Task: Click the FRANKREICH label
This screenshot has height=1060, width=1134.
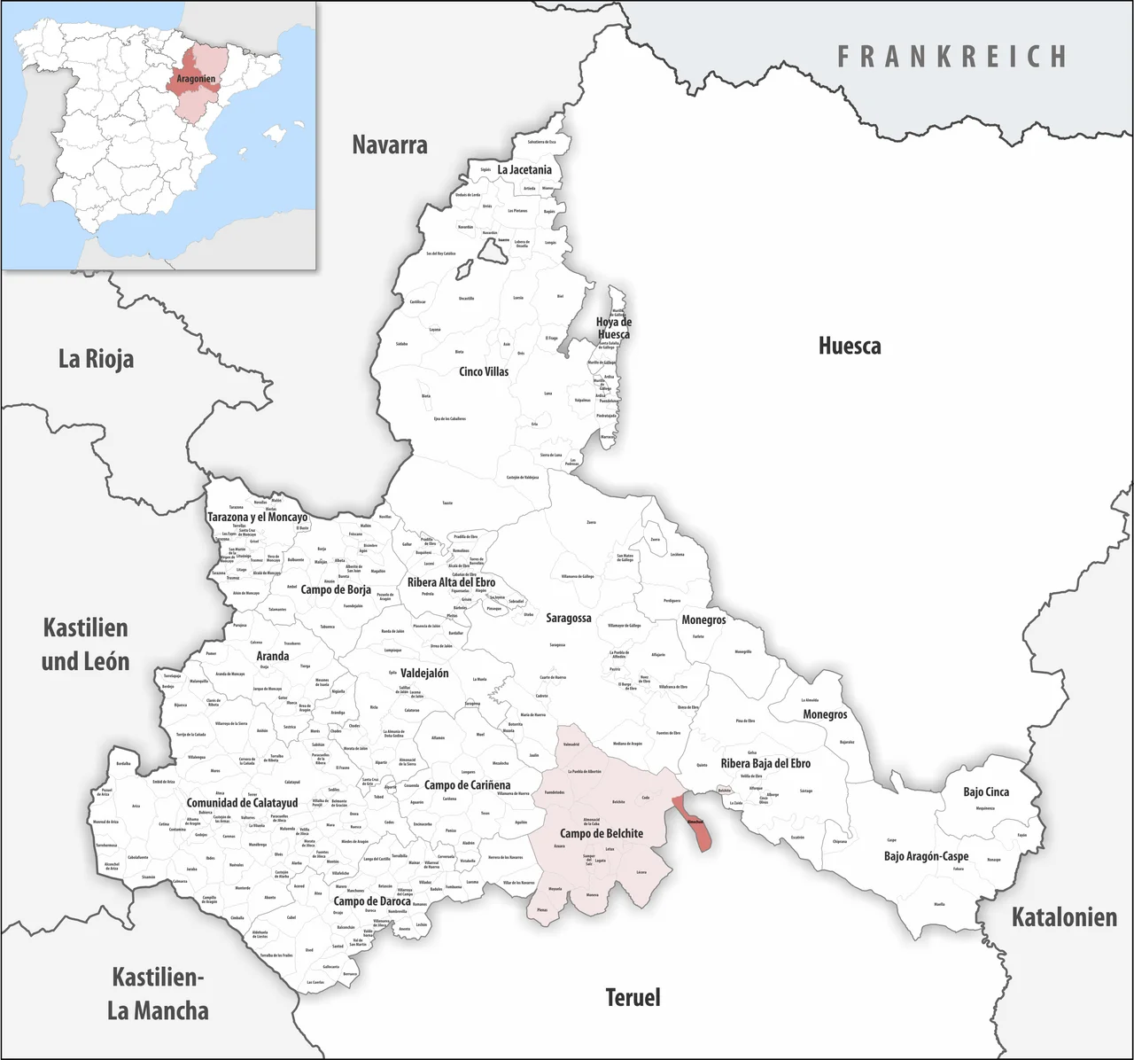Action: tap(952, 57)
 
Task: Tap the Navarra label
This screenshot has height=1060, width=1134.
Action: tap(390, 144)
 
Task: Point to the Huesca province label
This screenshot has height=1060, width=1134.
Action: tap(849, 345)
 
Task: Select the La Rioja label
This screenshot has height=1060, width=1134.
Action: tap(96, 359)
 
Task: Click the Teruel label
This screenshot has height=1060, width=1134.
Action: tap(633, 997)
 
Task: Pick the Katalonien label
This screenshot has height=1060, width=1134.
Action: tap(1064, 916)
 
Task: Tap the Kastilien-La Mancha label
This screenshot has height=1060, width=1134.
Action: tap(159, 994)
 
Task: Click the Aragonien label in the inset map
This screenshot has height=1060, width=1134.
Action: tap(196, 79)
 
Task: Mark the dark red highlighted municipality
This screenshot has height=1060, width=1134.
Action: tap(692, 823)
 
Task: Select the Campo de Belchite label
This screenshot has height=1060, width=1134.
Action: tap(602, 833)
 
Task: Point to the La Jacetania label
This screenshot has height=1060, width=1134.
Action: tap(524, 169)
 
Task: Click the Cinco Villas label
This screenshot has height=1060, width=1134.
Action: tap(484, 371)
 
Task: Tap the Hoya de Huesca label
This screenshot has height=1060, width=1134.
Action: tap(613, 328)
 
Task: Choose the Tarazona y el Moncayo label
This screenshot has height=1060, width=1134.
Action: tap(257, 517)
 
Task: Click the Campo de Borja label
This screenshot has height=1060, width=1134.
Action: tap(336, 589)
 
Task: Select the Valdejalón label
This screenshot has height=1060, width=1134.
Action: tap(424, 673)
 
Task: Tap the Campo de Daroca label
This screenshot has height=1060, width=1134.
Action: tap(372, 901)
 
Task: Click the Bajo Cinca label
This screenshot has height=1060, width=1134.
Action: tap(986, 791)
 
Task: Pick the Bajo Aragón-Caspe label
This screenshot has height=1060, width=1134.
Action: tap(926, 856)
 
